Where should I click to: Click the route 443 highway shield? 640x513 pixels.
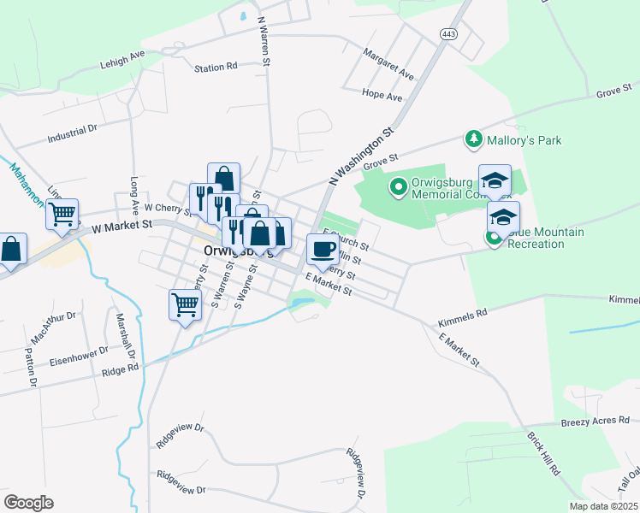pyautogui.click(x=447, y=33)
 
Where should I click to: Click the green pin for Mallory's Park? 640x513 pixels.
pyautogui.click(x=471, y=138)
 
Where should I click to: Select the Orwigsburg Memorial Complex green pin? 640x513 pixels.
pyautogui.click(x=398, y=186)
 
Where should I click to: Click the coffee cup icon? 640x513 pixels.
pyautogui.click(x=323, y=249)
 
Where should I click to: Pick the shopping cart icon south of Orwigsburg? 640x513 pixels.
pyautogui.click(x=185, y=304)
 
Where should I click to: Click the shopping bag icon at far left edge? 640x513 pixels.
pyautogui.click(x=10, y=251)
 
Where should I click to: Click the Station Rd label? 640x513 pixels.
pyautogui.click(x=215, y=68)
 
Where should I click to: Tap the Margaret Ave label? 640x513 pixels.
pyautogui.click(x=388, y=64)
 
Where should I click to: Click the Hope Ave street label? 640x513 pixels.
pyautogui.click(x=382, y=97)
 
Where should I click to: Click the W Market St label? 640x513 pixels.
pyautogui.click(x=121, y=225)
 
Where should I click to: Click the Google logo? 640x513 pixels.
pyautogui.click(x=28, y=503)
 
